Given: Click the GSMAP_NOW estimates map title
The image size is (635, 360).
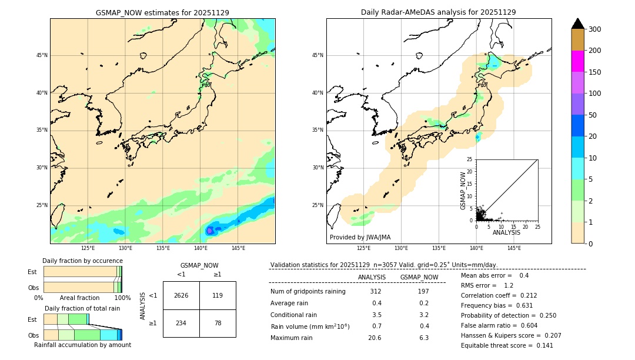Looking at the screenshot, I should [x=162, y=12].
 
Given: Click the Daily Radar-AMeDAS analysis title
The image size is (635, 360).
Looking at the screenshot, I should [x=438, y=12].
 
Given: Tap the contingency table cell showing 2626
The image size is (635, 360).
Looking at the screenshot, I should [x=181, y=295].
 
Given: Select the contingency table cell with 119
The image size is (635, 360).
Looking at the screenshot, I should [x=218, y=295].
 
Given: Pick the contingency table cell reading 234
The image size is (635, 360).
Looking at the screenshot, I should [x=181, y=323].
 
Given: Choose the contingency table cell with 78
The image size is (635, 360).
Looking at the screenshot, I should [x=218, y=323].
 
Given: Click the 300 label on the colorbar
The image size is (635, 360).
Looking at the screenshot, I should [x=595, y=29].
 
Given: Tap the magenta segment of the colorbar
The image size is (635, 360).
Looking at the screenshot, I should [x=577, y=61].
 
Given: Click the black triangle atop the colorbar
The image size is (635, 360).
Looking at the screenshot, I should [x=577, y=24].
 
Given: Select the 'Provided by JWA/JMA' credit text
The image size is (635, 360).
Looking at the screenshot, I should [x=360, y=238].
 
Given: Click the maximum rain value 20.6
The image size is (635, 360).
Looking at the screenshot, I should [x=375, y=338].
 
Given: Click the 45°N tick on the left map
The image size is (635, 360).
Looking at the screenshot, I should [x=42, y=55].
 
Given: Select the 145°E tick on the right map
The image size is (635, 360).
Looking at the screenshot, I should [x=514, y=248].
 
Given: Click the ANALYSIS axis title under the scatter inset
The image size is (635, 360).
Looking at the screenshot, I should [x=506, y=232].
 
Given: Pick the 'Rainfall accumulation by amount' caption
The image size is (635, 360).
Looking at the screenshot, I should [x=82, y=345].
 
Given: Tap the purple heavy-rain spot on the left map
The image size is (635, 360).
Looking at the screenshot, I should [x=210, y=230].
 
